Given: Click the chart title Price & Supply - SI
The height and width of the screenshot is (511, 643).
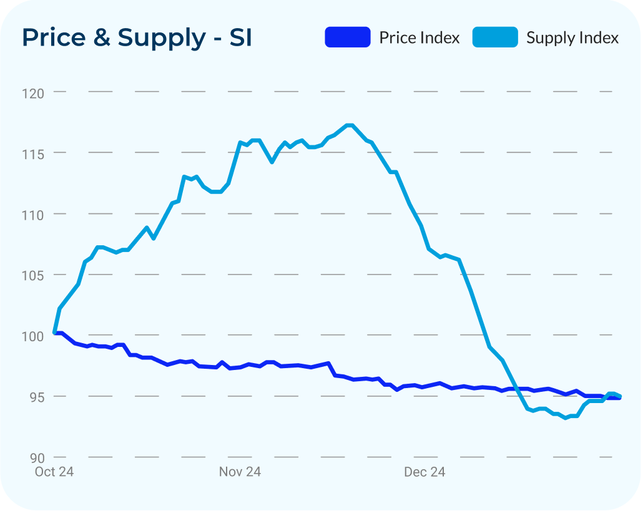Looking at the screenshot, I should click(x=137, y=37).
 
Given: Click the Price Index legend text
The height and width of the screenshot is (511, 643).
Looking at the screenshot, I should click(x=420, y=38).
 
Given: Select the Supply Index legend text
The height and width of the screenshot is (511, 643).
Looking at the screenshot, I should click(x=572, y=38).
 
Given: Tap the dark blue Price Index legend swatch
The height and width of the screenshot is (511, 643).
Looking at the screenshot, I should click(x=347, y=37).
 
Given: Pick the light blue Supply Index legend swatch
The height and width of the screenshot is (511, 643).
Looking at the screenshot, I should click(x=495, y=37).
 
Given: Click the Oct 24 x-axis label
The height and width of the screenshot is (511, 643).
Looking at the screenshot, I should click(x=54, y=472).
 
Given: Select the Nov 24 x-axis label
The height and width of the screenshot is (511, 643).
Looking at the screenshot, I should click(x=240, y=472).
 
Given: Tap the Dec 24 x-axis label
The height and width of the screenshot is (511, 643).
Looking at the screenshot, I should click(x=425, y=472).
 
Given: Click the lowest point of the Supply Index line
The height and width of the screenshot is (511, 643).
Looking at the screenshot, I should click(x=566, y=418).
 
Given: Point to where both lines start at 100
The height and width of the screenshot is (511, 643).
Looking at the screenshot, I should click(x=55, y=333).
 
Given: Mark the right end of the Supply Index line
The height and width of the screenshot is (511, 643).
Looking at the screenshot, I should click(x=619, y=396).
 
